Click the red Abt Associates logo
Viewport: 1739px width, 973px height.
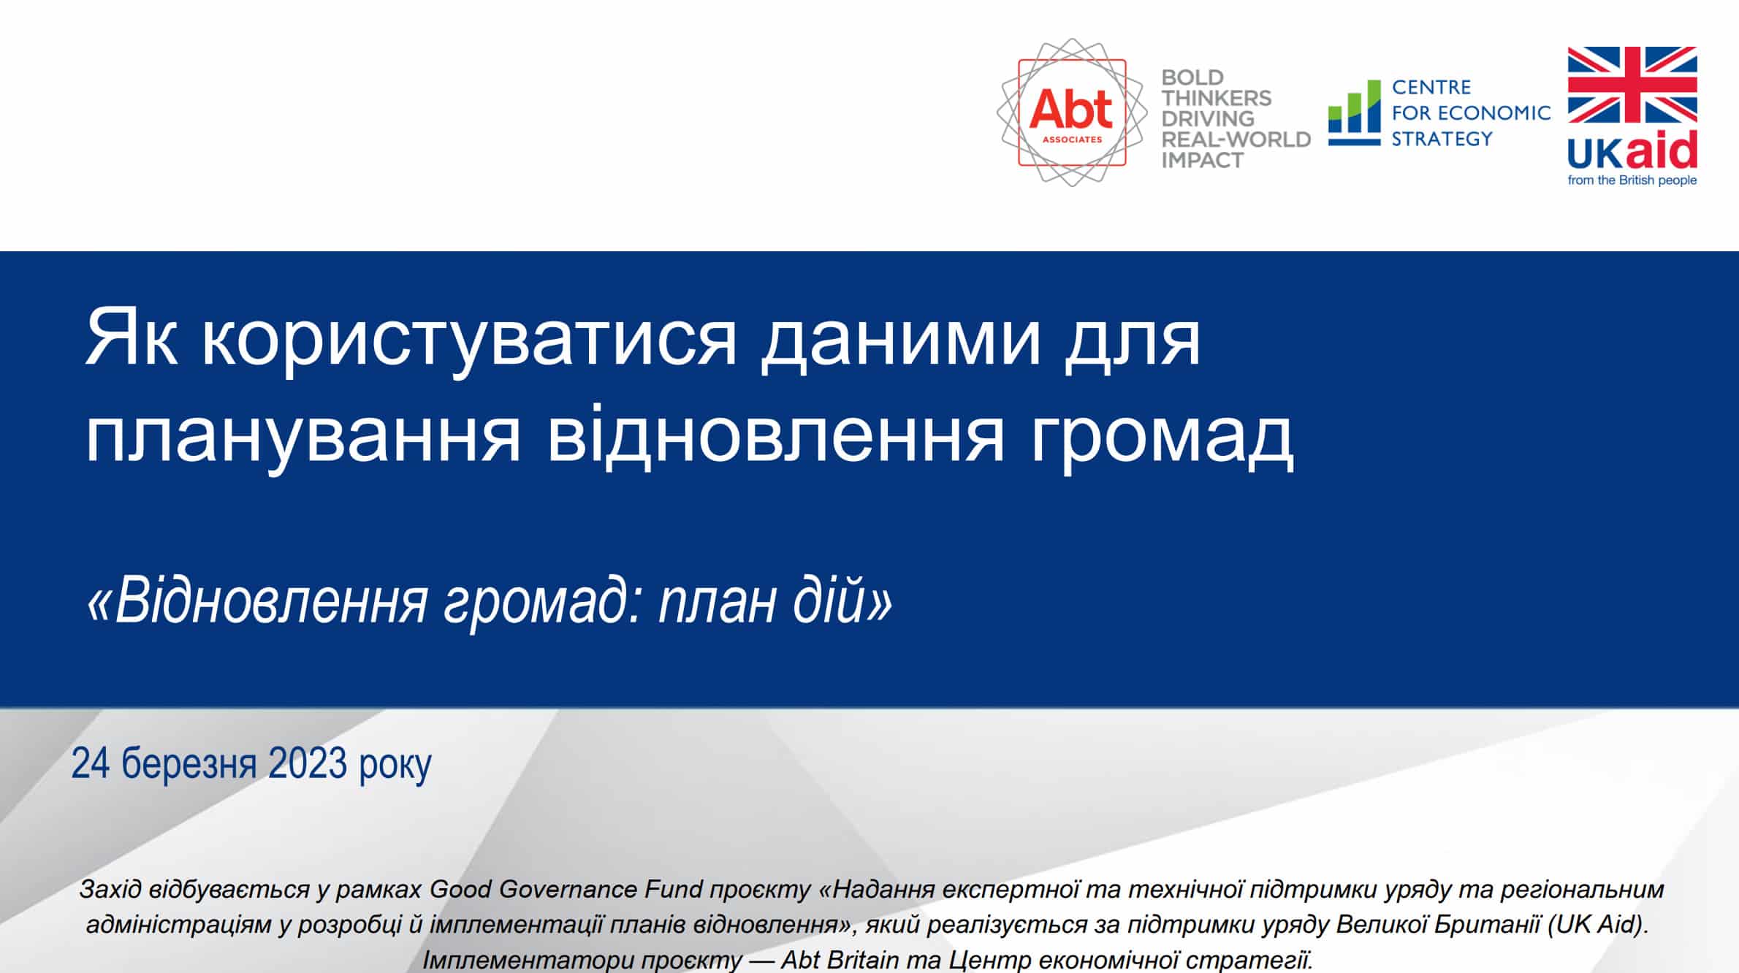1072,112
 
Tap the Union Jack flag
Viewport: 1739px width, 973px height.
1632,85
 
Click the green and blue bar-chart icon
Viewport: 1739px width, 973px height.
1354,113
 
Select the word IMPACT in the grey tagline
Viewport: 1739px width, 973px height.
1203,160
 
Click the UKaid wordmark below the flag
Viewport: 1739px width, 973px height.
1632,150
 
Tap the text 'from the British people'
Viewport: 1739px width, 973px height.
1632,180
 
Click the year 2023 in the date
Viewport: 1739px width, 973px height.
308,764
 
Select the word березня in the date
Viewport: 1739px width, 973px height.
189,764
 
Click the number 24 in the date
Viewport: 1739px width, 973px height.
91,764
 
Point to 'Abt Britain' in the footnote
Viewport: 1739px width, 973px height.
840,960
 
